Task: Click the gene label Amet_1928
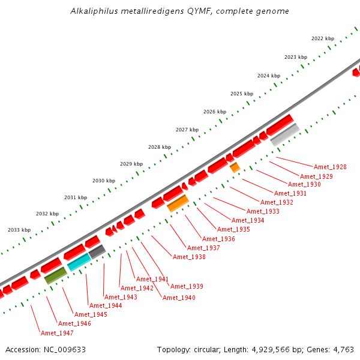pos(330,167)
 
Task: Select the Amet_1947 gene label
pos(57,333)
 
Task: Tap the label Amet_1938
pos(189,257)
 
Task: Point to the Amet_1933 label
pos(263,211)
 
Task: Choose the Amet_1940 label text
pos(179,298)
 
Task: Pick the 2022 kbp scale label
pos(322,38)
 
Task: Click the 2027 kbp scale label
pos(187,130)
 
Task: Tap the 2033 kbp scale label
pos(19,230)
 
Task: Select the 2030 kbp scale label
pos(104,181)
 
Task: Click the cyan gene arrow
pos(79,262)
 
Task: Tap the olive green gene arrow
pos(56,275)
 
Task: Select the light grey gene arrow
pos(285,135)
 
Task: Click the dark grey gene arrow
pos(97,252)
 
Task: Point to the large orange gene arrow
pos(178,203)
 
